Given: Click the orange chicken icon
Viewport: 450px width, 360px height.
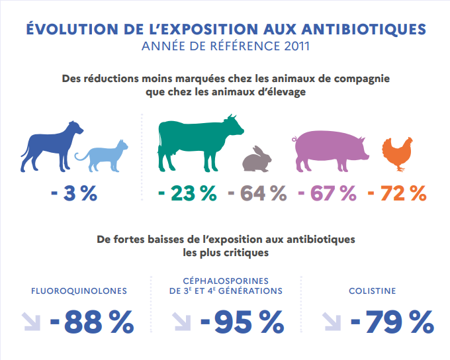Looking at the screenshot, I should pyautogui.click(x=398, y=152).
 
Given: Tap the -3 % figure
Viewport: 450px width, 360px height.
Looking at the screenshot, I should pyautogui.click(x=73, y=193).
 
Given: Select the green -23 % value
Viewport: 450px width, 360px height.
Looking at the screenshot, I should pyautogui.click(x=187, y=193).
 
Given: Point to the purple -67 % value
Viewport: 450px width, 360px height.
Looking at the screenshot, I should pyautogui.click(x=328, y=193).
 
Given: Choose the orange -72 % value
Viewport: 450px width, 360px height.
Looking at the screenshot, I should pyautogui.click(x=397, y=193).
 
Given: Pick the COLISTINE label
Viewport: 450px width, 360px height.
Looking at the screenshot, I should pyautogui.click(x=373, y=291).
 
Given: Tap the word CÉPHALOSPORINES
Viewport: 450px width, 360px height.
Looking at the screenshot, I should pyautogui.click(x=226, y=280).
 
